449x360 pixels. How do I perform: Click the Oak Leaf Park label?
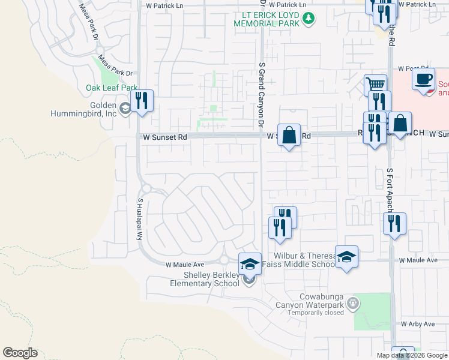[x=112, y=88]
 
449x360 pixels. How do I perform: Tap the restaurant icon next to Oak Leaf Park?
[x=142, y=100]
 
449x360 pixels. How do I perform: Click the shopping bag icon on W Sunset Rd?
[x=289, y=135]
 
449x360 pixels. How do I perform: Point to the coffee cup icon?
[x=423, y=79]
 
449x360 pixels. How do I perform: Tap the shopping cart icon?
[x=375, y=85]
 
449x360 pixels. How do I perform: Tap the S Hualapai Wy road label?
[x=140, y=220]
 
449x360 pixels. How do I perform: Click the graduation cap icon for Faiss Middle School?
[x=346, y=257]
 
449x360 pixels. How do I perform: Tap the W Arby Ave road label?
[x=418, y=324]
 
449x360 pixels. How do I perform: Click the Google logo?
[x=20, y=353]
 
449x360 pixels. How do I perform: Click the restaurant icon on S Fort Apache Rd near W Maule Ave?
[x=394, y=224]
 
